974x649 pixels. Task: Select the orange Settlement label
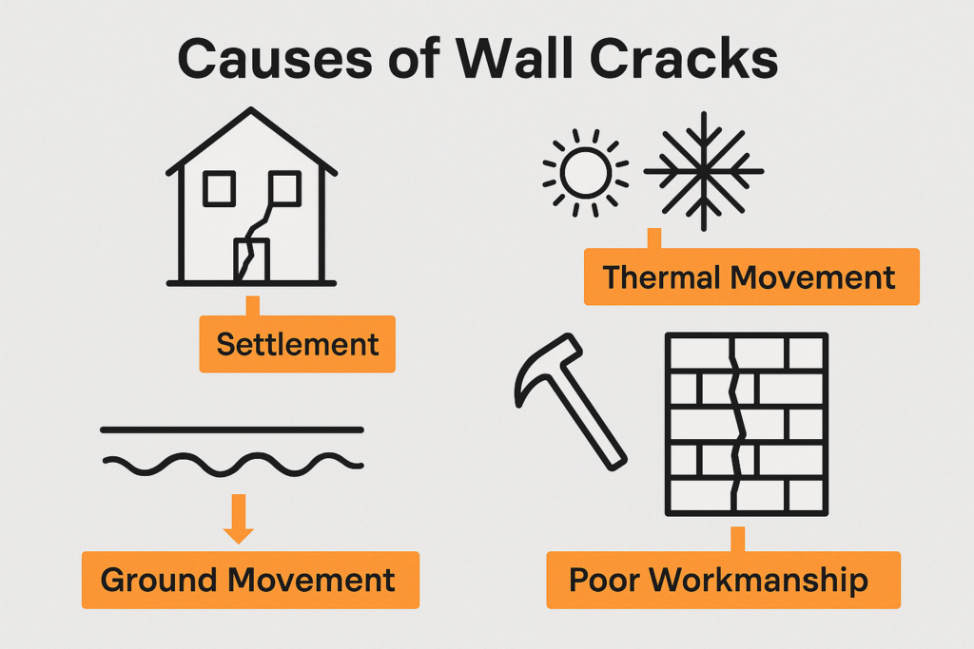tap(297, 343)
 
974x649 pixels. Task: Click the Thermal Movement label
tap(750, 277)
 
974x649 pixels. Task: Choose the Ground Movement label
tap(249, 580)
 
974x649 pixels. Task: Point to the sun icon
tap(585, 172)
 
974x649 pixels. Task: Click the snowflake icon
tap(703, 172)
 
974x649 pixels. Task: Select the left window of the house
tap(219, 188)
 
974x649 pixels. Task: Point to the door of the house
tap(252, 259)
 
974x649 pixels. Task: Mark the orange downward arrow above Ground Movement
tap(238, 521)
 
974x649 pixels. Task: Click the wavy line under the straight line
tap(232, 464)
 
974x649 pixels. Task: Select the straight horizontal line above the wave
tap(232, 429)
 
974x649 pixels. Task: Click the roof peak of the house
tap(252, 111)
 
